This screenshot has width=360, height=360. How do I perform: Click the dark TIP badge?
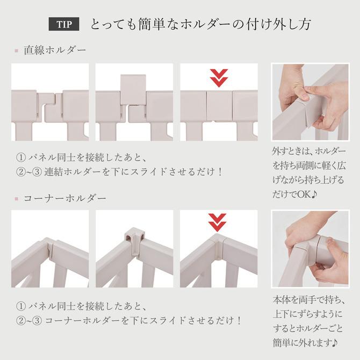(64, 24)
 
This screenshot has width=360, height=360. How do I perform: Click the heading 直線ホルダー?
(55, 50)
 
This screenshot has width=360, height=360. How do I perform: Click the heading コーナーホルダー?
(64, 198)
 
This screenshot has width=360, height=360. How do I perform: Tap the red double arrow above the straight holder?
(219, 78)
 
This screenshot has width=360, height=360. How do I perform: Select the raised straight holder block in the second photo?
(133, 89)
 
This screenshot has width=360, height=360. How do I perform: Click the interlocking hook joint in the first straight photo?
(50, 106)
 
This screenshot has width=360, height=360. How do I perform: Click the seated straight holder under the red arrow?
(219, 105)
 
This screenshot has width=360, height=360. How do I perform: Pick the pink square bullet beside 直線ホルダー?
(16, 51)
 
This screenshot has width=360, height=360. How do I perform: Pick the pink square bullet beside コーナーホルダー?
(16, 199)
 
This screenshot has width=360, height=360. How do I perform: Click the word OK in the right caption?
(305, 194)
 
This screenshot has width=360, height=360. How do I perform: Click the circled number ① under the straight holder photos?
(21, 157)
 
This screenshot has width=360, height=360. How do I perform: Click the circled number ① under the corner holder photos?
(21, 306)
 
